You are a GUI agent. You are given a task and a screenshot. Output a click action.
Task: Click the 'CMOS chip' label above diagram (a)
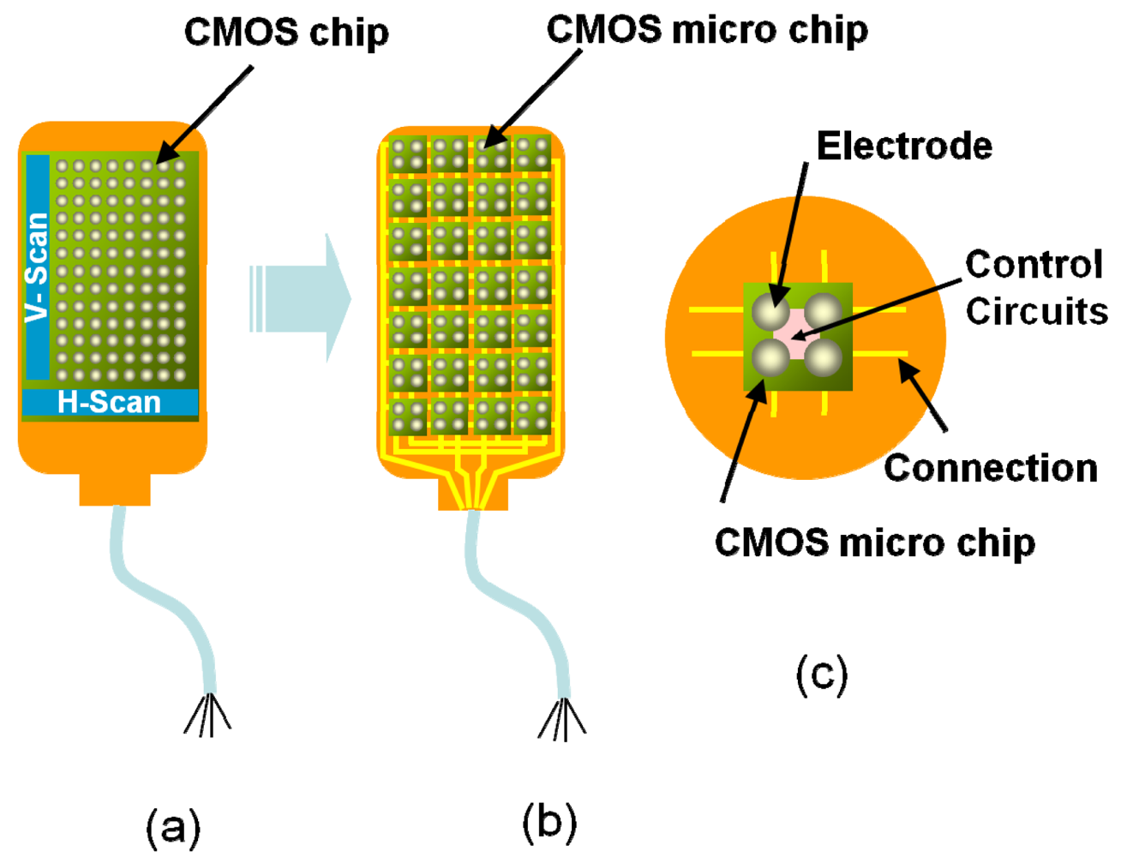click(286, 33)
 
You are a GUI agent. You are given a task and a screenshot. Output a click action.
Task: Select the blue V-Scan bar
click(38, 267)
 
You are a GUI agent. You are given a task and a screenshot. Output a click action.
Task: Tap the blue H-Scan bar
click(110, 402)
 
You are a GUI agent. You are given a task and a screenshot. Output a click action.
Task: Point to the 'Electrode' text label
click(904, 146)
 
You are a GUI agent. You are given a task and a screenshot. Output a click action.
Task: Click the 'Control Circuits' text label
click(1035, 288)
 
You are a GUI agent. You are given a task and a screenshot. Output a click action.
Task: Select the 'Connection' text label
click(991, 468)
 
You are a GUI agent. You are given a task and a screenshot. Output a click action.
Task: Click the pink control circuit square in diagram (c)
click(797, 335)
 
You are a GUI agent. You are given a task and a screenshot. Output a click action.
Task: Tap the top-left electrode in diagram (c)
click(771, 310)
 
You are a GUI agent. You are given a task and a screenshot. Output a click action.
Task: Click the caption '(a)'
click(173, 828)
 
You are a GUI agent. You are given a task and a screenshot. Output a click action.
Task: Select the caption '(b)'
click(549, 822)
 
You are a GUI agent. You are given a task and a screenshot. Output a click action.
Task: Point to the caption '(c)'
click(822, 674)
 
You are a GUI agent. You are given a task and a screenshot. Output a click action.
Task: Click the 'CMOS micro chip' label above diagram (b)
click(707, 30)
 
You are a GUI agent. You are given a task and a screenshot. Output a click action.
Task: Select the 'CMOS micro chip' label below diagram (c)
click(874, 542)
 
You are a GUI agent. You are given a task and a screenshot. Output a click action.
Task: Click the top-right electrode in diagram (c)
click(824, 310)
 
